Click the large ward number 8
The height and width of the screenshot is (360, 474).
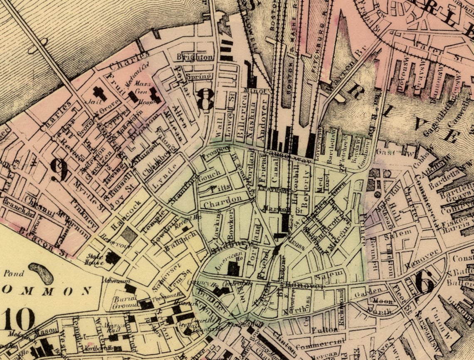click(x=205, y=99)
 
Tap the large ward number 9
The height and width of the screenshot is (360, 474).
click(x=59, y=170)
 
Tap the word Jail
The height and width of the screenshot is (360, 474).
click(x=90, y=101)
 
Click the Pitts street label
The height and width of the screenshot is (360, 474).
click(x=220, y=188)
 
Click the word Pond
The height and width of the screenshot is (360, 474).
click(x=14, y=274)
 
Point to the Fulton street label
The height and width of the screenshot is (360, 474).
click(x=322, y=330)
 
